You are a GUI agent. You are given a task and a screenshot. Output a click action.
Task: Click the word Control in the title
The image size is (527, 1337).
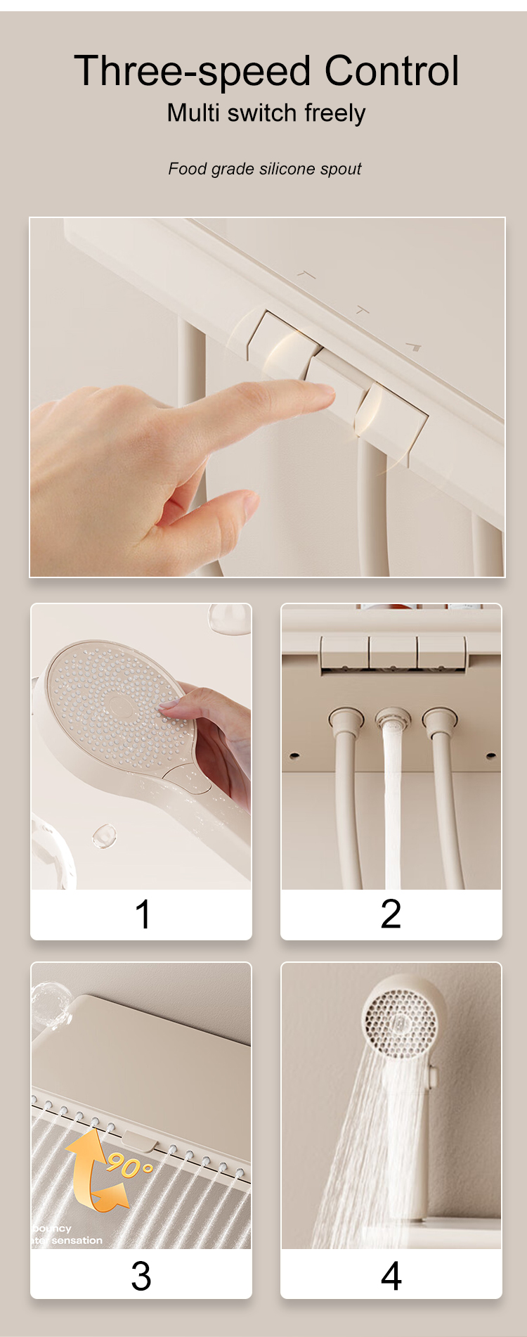(x=391, y=71)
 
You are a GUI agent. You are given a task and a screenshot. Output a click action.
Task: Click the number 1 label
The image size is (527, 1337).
(x=142, y=914)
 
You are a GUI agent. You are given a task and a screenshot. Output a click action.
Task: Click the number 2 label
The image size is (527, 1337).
(x=391, y=914)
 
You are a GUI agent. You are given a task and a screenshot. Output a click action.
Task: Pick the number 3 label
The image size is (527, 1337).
(x=141, y=1276)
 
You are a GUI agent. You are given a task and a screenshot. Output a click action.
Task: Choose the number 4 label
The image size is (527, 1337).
(x=391, y=1276)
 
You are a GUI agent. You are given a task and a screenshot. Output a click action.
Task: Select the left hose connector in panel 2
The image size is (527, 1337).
(x=346, y=720)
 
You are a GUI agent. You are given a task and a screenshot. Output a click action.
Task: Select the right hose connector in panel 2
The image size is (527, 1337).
(x=440, y=720)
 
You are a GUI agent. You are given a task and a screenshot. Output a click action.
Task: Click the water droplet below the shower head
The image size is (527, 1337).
(x=104, y=835)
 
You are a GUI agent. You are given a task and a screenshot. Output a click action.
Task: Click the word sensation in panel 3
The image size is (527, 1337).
(x=77, y=1241)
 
